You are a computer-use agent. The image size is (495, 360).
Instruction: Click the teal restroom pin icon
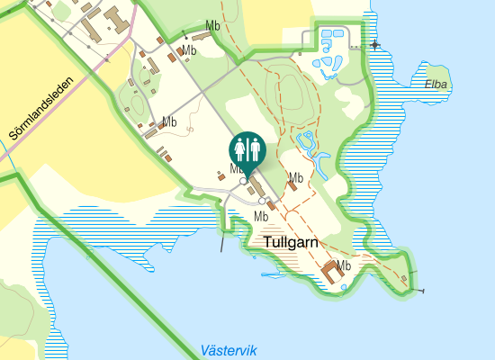click(247, 149)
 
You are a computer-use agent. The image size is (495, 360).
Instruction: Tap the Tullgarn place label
click(292, 242)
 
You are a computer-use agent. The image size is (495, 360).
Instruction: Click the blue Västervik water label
click(229, 349)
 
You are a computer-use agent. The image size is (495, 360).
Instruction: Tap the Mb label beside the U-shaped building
click(343, 265)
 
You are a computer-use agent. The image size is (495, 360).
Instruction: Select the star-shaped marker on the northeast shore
click(373, 44)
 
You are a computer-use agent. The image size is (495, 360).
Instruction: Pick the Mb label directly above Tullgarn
click(261, 216)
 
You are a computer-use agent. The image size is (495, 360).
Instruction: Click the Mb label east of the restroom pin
click(295, 176)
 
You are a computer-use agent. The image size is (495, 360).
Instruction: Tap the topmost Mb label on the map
click(213, 25)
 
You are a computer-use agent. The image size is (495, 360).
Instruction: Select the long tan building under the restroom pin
click(256, 185)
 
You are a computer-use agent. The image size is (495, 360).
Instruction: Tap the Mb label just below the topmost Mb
click(189, 50)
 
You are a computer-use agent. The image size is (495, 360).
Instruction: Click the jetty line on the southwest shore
click(221, 240)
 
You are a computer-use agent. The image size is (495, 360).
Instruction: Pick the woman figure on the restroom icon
click(240, 148)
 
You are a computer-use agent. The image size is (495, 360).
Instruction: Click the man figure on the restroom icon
click(255, 148)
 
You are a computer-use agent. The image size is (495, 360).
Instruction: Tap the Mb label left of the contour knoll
click(168, 121)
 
